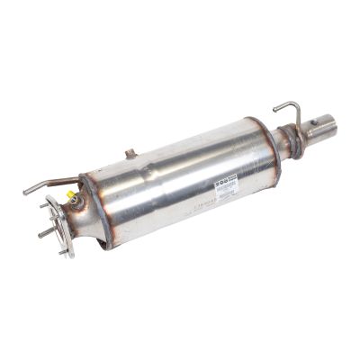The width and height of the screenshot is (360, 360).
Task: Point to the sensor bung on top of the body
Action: pyautogui.click(x=130, y=154)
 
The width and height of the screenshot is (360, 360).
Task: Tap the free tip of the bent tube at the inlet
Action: pyautogui.click(x=25, y=192)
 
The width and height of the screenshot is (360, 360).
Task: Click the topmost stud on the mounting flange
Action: pyautogui.click(x=46, y=205)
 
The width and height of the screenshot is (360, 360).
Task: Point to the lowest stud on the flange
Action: pyautogui.click(x=62, y=252)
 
